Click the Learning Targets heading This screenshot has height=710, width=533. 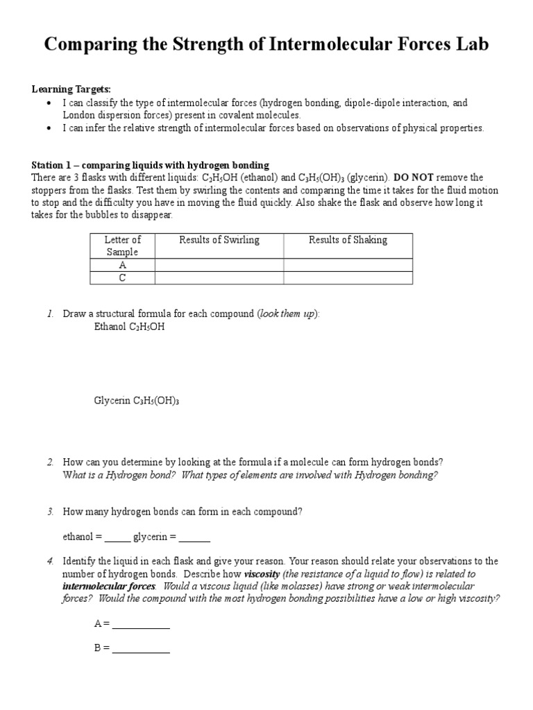(71, 89)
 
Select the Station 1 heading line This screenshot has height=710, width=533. (150, 165)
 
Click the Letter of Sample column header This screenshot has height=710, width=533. (122, 246)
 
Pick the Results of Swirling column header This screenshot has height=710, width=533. (219, 240)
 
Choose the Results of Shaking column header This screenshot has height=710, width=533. (348, 240)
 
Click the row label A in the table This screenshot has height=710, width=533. (122, 265)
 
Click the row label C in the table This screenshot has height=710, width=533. (122, 277)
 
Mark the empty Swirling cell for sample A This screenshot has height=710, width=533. (219, 265)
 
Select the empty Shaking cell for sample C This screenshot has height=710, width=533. (348, 277)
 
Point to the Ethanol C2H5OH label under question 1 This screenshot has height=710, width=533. (130, 327)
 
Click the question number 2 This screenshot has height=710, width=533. (50, 462)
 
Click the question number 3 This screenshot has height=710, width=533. (50, 512)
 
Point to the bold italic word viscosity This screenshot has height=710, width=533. (262, 574)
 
